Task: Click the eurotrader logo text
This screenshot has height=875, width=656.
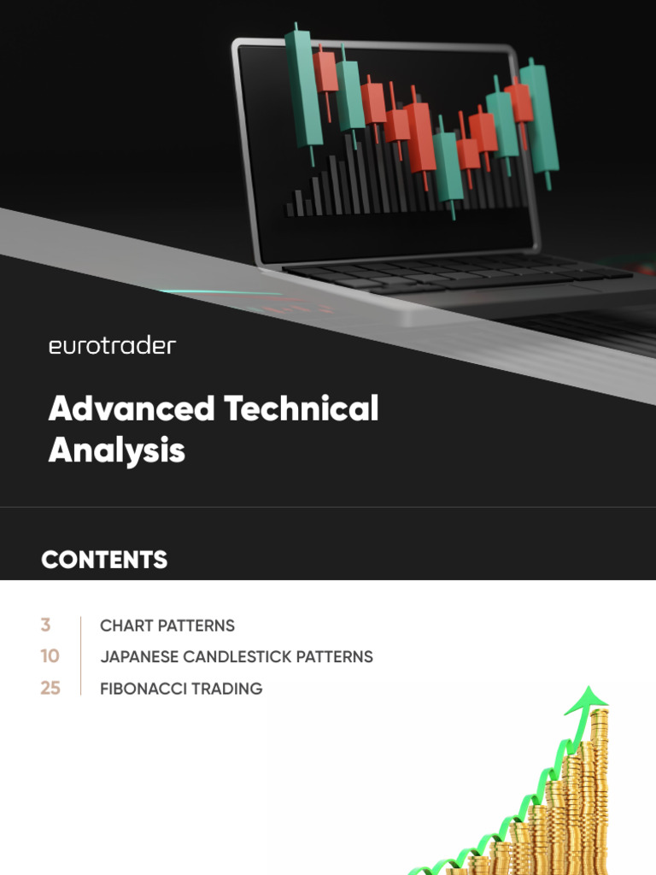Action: pyautogui.click(x=112, y=346)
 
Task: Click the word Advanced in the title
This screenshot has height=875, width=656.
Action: pyautogui.click(x=131, y=409)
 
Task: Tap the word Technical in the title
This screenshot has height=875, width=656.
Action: pyautogui.click(x=302, y=409)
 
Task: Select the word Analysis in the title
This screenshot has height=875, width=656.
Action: pyautogui.click(x=116, y=449)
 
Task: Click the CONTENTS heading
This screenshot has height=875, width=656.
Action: pyautogui.click(x=104, y=560)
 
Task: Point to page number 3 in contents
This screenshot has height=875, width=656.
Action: pyautogui.click(x=45, y=625)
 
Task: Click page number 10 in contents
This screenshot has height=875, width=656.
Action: pyautogui.click(x=50, y=656)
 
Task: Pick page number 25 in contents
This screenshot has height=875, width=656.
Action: pyautogui.click(x=50, y=688)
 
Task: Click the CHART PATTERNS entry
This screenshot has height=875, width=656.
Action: pyautogui.click(x=167, y=625)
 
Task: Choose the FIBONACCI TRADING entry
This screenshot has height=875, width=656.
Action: pyautogui.click(x=181, y=689)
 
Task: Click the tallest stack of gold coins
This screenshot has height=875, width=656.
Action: pyautogui.click(x=599, y=786)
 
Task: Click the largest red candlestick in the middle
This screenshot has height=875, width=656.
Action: pyautogui.click(x=420, y=137)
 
